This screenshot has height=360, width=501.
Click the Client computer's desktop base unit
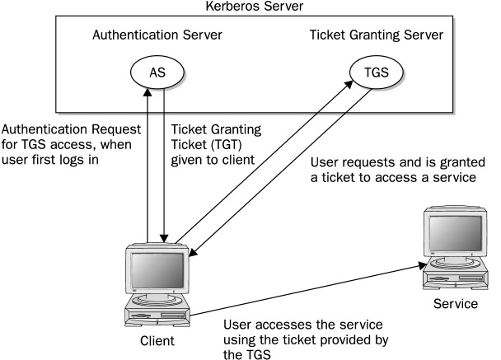[157, 316]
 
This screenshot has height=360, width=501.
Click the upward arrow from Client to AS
[147, 165]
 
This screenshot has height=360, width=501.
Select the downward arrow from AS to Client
[166, 165]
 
